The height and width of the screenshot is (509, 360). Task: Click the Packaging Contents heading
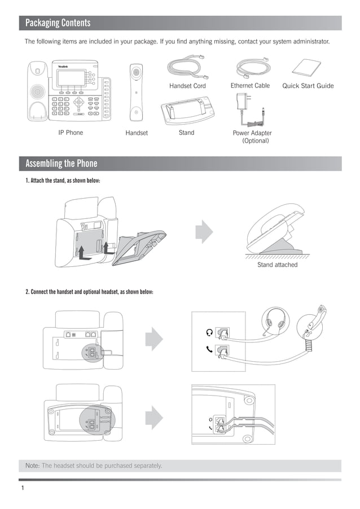[x=58, y=23]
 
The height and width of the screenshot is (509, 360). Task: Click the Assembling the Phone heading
[x=61, y=164]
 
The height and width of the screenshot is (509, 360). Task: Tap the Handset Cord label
[x=187, y=86]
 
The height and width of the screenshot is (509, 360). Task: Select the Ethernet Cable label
[x=250, y=86]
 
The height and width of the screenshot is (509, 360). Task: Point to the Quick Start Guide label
[x=308, y=86]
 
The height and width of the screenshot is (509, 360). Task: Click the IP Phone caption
[x=71, y=133]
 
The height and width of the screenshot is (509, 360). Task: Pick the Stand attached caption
[x=277, y=265]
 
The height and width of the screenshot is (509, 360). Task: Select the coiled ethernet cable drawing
[x=253, y=68]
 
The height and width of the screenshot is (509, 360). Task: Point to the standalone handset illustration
[x=136, y=93]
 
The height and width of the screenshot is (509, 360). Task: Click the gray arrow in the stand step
[x=204, y=231]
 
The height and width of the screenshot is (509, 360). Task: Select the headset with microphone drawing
[x=277, y=322]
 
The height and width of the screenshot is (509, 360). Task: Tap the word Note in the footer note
[x=32, y=466]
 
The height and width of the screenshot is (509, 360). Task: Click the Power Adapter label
[x=252, y=133]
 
